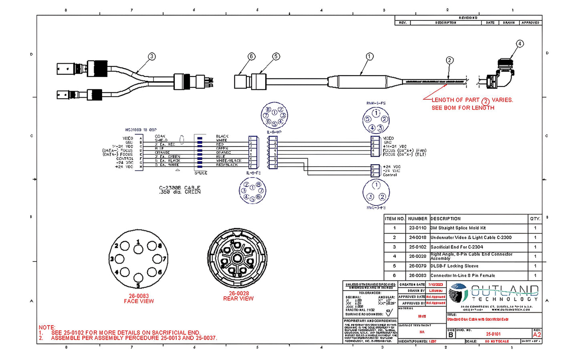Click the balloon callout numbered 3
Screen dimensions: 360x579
tap(151, 56)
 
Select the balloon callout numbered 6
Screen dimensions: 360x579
tap(251, 56)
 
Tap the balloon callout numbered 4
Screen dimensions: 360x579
tap(520, 44)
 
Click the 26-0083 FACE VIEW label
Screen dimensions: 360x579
tap(139, 299)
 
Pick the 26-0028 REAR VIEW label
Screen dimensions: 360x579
tap(238, 296)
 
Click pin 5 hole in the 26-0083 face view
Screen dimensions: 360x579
tap(138, 277)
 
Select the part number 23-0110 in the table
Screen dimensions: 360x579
tap(418, 228)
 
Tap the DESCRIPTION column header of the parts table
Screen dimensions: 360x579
tap(446, 219)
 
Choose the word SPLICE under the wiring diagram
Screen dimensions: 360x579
tap(201, 173)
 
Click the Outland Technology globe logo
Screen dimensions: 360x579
tap(458, 293)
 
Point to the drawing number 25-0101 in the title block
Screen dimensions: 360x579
tap(493, 334)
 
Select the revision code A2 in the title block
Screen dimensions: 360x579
tap(537, 334)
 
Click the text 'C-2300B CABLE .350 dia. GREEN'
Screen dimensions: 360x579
tap(180, 190)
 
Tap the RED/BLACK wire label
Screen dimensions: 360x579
tap(227, 165)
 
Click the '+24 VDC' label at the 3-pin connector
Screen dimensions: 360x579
tap(391, 167)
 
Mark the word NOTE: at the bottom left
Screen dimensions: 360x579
tap(47, 327)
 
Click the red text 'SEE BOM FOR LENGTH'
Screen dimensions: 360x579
tap(463, 108)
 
